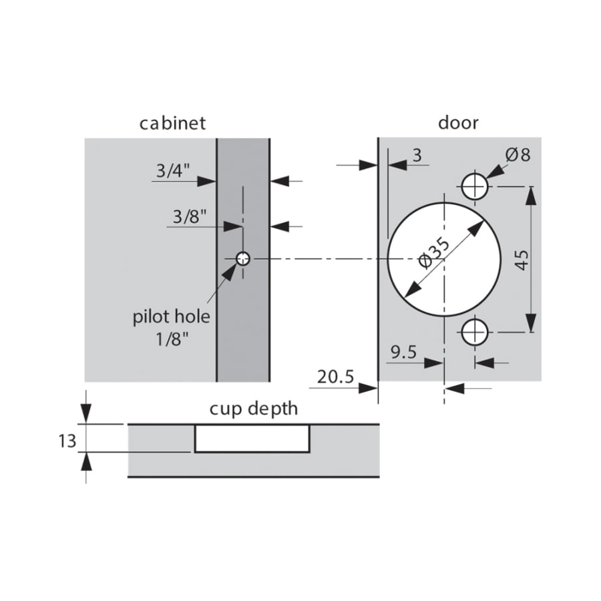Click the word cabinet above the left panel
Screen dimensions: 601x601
pyautogui.click(x=172, y=124)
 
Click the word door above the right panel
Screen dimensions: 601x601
pyautogui.click(x=458, y=123)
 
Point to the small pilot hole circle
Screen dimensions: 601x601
pyautogui.click(x=243, y=258)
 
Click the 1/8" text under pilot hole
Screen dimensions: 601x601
pyautogui.click(x=172, y=339)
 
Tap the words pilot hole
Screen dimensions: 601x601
pyautogui.click(x=172, y=316)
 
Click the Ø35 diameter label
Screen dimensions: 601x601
pyautogui.click(x=435, y=252)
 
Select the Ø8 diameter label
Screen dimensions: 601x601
pyautogui.click(x=518, y=155)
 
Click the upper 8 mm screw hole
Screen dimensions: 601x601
pyautogui.click(x=475, y=185)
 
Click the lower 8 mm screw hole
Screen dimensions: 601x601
pyautogui.click(x=475, y=331)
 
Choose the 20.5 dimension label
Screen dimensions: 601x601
pyautogui.click(x=335, y=378)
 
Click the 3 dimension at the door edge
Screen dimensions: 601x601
pyautogui.click(x=417, y=156)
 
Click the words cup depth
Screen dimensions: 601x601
pyautogui.click(x=254, y=408)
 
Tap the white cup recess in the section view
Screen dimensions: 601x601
pyautogui.click(x=252, y=438)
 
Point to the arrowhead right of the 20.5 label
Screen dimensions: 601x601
pyautogui.click(x=369, y=388)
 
